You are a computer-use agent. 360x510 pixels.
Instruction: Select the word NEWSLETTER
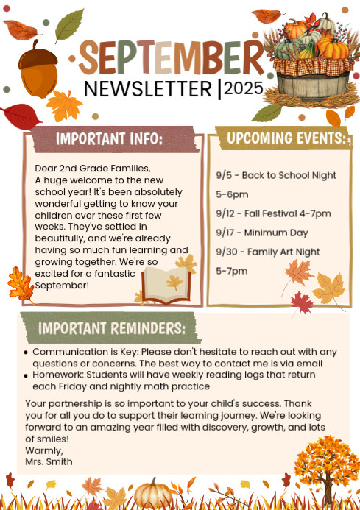tap(148, 89)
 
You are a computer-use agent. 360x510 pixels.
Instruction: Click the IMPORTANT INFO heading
tap(109, 138)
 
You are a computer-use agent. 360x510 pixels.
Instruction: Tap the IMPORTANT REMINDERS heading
tap(111, 327)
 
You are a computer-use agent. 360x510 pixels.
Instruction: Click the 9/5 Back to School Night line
tap(276, 175)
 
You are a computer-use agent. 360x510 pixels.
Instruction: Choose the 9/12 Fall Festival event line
tap(273, 213)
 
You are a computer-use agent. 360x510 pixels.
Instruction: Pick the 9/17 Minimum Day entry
tap(261, 233)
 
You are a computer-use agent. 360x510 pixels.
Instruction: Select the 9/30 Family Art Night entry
tap(268, 252)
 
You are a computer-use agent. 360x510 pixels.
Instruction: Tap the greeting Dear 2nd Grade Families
tap(92, 169)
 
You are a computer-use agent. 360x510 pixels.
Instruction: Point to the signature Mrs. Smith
tap(49, 461)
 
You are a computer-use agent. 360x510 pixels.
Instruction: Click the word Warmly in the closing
tap(44, 450)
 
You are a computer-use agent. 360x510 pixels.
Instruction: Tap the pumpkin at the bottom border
tap(155, 494)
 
